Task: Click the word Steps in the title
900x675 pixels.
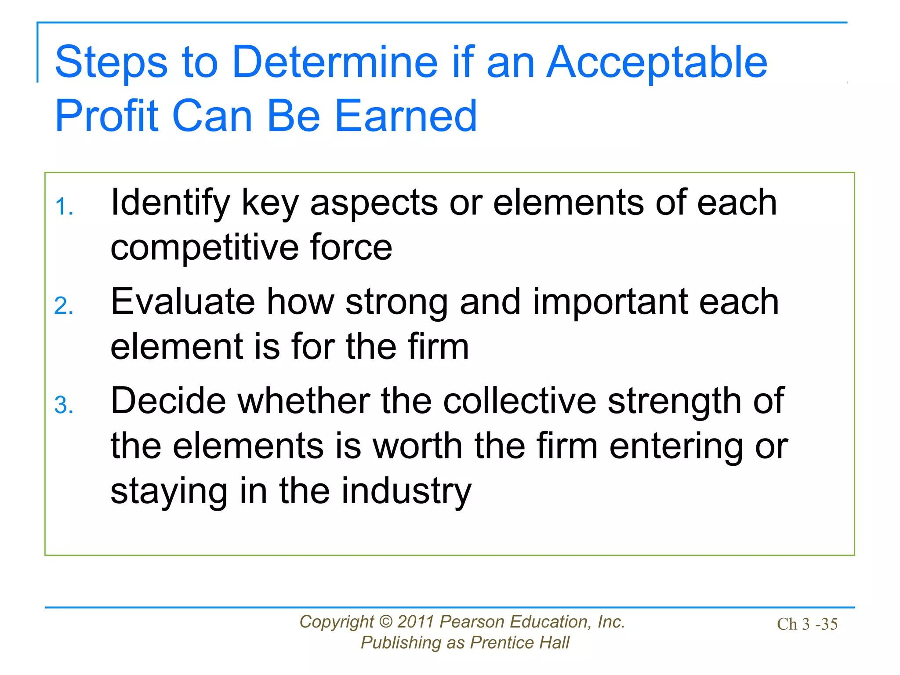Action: [111, 62]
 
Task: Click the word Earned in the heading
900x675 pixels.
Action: [406, 116]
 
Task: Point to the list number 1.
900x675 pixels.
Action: [64, 207]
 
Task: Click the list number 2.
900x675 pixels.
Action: [64, 306]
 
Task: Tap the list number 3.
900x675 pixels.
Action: [64, 405]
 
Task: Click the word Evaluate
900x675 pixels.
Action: [182, 302]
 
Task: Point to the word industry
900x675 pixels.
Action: [406, 491]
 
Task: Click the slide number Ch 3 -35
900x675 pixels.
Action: [807, 624]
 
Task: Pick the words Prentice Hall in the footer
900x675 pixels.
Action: [519, 643]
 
